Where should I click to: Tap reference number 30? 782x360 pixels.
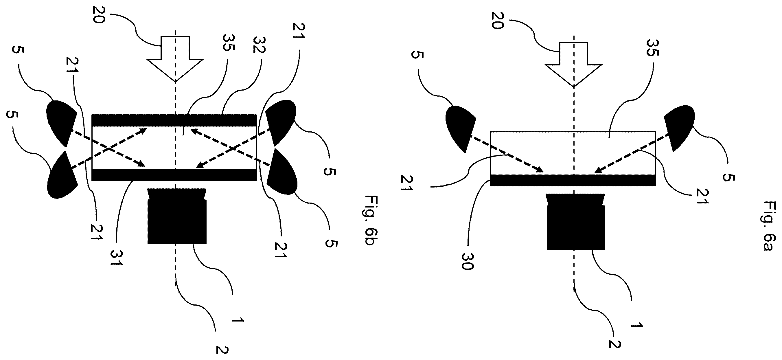(467, 261)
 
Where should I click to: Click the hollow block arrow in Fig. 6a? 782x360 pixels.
(573, 65)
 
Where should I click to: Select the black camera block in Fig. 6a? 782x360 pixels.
(575, 222)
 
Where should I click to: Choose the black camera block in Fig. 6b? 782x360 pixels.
(177, 216)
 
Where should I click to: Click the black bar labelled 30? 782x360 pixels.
(573, 180)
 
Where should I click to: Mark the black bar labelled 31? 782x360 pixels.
(174, 175)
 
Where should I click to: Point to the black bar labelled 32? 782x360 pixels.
(174, 120)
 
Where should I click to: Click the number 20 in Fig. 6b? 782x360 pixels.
(99, 15)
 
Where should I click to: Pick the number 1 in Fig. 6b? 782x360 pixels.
(238, 320)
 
